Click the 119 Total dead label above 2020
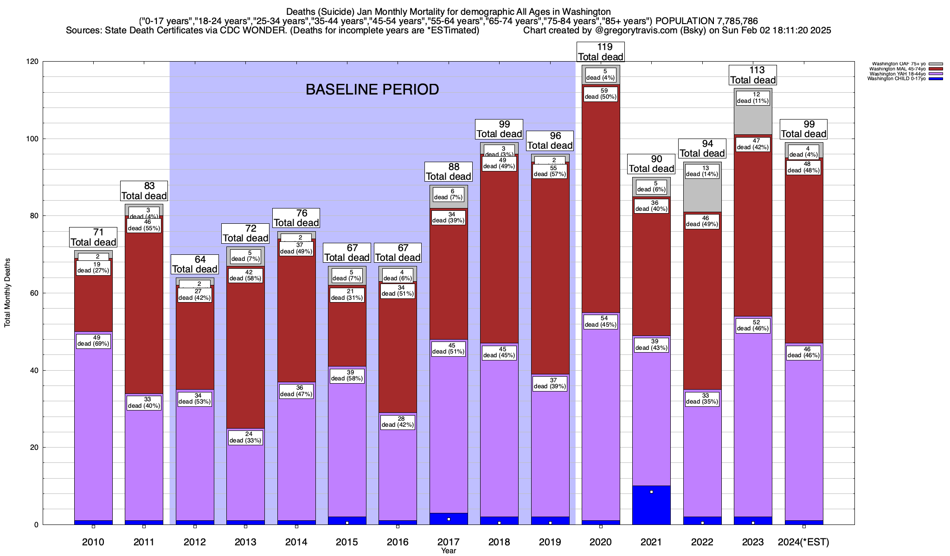(601, 52)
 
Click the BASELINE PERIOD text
(372, 89)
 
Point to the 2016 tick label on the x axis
(398, 542)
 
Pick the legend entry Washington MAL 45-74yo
(897, 69)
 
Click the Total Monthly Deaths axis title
(7, 293)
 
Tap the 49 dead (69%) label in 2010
(93, 341)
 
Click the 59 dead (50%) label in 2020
(601, 94)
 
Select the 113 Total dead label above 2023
(753, 75)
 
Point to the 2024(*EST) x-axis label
(803, 542)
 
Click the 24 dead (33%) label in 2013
(245, 437)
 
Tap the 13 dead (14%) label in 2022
(702, 171)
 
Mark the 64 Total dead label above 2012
(195, 265)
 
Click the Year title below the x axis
(449, 551)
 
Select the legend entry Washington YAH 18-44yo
(897, 74)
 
